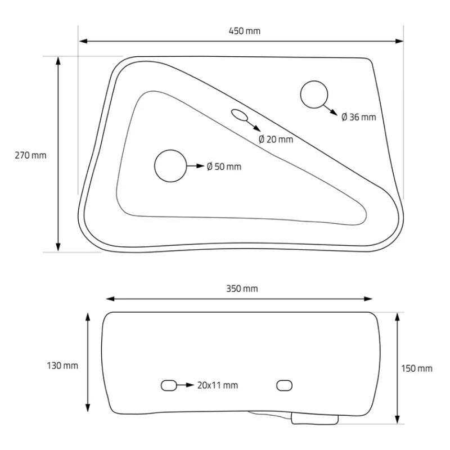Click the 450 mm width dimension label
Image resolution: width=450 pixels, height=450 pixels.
click(x=245, y=31)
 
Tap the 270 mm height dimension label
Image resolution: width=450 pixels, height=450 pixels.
click(x=30, y=155)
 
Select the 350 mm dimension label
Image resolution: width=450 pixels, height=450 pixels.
click(x=242, y=289)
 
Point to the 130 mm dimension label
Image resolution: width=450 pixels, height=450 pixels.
click(x=62, y=366)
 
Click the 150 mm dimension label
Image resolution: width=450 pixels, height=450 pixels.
click(x=417, y=368)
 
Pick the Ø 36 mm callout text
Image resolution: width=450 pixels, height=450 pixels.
click(x=359, y=117)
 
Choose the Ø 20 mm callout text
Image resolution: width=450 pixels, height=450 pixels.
click(x=276, y=139)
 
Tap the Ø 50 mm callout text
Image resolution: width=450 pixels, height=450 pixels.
click(x=224, y=166)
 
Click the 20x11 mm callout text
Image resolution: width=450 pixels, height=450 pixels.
click(x=218, y=385)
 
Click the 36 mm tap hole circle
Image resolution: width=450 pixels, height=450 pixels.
click(x=314, y=81)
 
